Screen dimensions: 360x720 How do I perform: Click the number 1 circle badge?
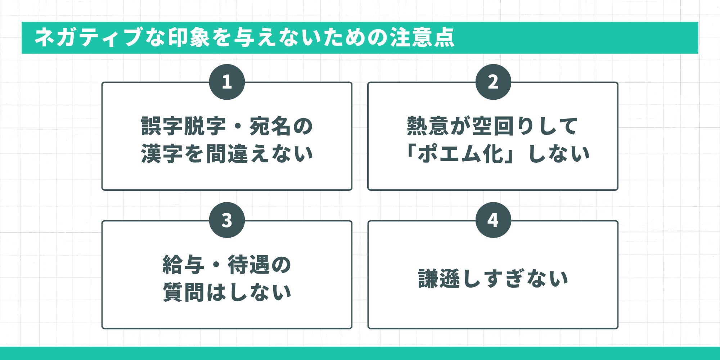point(227,82)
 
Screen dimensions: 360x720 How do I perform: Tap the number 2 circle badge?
point(493,82)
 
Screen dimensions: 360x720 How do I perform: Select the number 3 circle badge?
point(227,220)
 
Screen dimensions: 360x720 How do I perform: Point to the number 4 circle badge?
point(493,220)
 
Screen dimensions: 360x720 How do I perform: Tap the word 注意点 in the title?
point(423,37)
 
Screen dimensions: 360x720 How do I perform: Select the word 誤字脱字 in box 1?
point(184,126)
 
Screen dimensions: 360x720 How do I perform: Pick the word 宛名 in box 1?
point(270,126)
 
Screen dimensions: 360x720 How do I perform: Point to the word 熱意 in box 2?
point(428,126)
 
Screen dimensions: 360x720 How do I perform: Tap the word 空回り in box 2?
point(504,126)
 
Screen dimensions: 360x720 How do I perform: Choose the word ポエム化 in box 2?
point(461,154)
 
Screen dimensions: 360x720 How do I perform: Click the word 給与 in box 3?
point(184,265)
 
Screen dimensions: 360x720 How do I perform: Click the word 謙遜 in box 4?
point(439,279)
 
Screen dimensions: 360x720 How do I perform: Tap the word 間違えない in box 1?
point(259,154)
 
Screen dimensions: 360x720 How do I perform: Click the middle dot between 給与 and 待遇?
point(216,265)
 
